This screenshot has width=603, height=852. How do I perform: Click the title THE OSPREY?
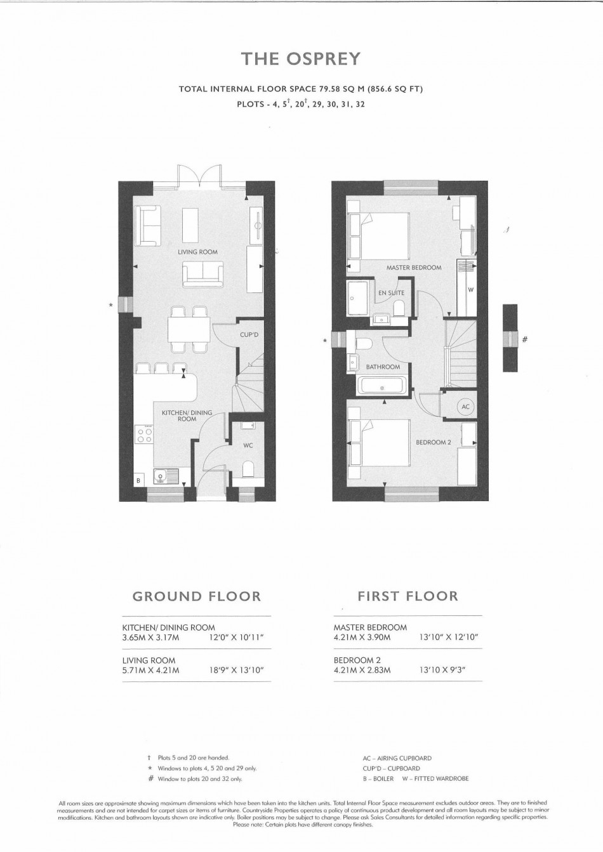tap(301, 58)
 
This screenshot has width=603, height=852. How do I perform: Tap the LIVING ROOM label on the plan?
tap(198, 252)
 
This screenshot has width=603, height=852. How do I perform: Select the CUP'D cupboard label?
tap(249, 335)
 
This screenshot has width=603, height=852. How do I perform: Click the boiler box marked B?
tap(139, 480)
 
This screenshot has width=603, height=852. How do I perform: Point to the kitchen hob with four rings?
tap(144, 435)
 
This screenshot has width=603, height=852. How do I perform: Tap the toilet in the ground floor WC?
tap(248, 469)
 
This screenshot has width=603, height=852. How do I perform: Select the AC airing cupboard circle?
tap(466, 406)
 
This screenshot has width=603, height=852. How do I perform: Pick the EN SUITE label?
tap(391, 293)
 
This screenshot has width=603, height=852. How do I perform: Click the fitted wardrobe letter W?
tap(470, 290)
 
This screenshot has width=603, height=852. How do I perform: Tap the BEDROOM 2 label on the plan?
tap(434, 442)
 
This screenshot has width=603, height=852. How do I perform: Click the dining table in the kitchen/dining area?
tap(189, 330)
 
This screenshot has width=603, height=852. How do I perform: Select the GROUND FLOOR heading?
tap(197, 596)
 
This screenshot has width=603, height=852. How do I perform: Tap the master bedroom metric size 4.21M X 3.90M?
tap(362, 637)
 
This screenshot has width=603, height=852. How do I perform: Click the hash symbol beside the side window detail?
tap(525, 339)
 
